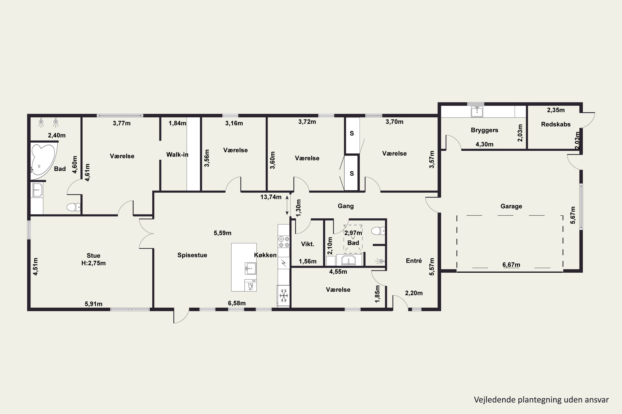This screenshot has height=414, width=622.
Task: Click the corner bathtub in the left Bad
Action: pos(43,160)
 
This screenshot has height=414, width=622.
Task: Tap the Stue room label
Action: pos(93,256)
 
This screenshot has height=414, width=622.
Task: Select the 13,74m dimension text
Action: pos(271,197)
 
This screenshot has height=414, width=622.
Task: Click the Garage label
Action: pos(511,206)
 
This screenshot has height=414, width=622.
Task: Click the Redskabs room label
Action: pos(556,124)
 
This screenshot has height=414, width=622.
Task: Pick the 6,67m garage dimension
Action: pos(511,265)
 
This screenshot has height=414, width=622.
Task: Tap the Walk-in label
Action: pos(177,154)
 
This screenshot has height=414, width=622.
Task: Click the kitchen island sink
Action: pos(250,268)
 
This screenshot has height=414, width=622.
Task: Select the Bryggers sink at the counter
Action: pos(477,111)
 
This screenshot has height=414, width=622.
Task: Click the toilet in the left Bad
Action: pos(74,207)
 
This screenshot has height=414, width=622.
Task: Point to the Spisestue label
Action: pos(192,255)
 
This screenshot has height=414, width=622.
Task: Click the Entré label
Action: pos(414,261)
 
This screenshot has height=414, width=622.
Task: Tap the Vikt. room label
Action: pos(307,244)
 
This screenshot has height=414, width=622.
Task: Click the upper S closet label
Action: pos(352,134)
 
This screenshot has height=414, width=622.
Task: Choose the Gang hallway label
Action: pos(346,206)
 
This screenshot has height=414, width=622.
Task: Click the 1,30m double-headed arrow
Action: pos(287,205)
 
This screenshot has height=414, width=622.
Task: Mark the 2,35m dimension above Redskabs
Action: pos(556,110)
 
